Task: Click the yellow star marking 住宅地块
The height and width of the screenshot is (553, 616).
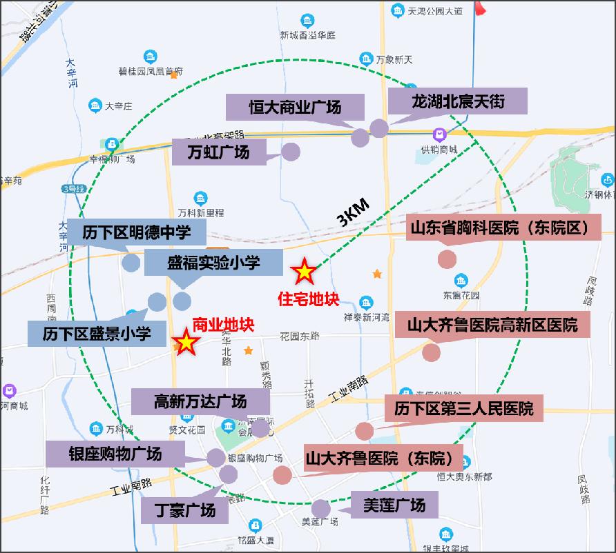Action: pos(304,273)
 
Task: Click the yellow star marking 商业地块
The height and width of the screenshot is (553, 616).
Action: pos(186,342)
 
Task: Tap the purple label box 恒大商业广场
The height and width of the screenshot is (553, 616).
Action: pos(295,108)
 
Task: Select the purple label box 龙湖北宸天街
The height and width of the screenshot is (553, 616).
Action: pos(458,101)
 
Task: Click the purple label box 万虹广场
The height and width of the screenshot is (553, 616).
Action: pos(218,151)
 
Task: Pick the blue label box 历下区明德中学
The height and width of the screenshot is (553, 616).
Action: pos(136,232)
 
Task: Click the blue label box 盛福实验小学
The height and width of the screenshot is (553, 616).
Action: pos(213,263)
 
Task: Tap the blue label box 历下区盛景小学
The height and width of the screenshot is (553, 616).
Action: pos(97,334)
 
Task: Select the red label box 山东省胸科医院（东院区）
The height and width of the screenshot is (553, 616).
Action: pos(506,228)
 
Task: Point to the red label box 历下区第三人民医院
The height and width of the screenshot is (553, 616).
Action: pos(463,408)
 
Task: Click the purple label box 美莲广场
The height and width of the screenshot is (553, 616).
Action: pos(394,505)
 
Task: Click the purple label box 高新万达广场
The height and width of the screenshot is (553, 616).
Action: pos(200,401)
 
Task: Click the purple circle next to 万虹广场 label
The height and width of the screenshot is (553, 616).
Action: pos(291,152)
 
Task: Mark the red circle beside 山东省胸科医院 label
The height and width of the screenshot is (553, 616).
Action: pos(447,259)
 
